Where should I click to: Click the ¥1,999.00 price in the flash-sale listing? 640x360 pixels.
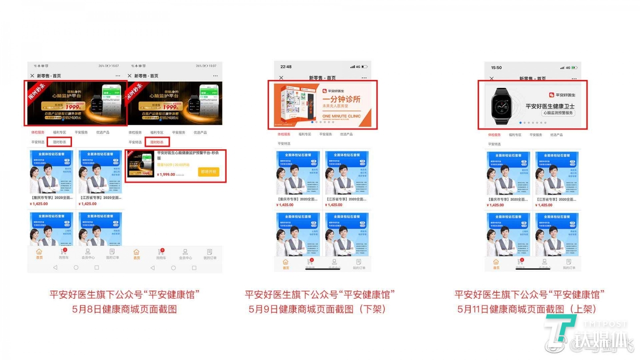166,175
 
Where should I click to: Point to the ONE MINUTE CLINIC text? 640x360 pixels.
341,116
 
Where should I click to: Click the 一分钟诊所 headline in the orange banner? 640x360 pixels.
341,100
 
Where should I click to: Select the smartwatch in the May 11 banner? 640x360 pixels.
501,105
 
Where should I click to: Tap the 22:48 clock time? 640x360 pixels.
286,67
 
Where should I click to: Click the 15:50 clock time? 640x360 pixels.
496,68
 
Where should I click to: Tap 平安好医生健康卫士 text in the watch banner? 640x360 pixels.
550,106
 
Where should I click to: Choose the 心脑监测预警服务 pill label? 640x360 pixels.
558,113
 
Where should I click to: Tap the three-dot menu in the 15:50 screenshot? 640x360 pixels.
574,79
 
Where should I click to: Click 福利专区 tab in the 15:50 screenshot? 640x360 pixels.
515,135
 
